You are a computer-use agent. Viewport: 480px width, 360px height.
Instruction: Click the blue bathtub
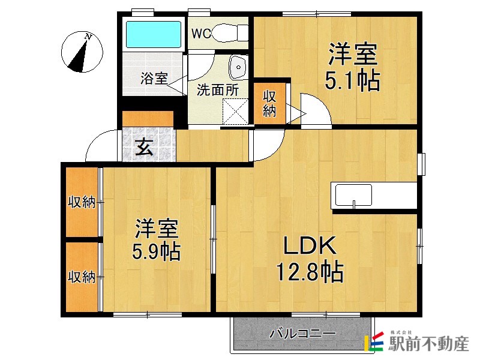coord(154,34)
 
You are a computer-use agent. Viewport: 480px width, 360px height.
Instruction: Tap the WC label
coord(201,34)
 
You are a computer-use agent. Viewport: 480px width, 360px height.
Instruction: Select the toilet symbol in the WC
coord(230,33)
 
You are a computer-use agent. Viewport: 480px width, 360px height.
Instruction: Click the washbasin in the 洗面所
coord(238,67)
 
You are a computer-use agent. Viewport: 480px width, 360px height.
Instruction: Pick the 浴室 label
coord(154,78)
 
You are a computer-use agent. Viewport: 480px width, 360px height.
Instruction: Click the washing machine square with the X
coord(235,111)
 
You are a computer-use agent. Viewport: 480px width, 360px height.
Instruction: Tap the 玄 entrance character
coord(144,146)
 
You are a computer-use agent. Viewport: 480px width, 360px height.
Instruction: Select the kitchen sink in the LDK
coord(353,196)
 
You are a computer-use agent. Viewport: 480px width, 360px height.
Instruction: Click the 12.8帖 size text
coord(310,271)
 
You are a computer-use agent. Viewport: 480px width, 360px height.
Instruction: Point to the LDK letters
coord(310,245)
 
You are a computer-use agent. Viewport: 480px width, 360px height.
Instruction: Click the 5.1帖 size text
coord(352,80)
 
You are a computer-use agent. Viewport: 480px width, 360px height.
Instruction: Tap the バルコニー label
coord(302,333)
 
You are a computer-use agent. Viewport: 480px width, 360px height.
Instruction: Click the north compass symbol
coord(82,52)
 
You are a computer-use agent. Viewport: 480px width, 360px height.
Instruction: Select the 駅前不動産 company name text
coord(428,344)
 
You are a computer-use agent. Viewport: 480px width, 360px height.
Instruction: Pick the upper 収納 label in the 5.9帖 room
coord(82,202)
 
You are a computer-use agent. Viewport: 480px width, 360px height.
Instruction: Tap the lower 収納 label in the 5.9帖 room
coord(82,277)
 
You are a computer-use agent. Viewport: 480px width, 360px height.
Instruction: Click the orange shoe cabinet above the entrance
coord(148,119)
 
